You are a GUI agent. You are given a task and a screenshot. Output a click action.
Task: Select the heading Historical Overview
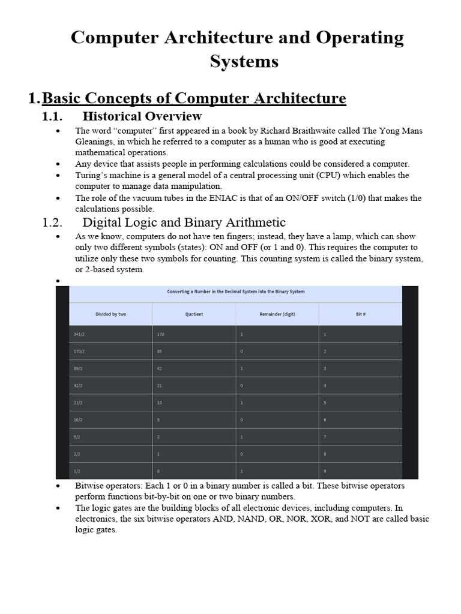pos(142,116)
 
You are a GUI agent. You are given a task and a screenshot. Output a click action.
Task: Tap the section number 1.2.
pos(52,222)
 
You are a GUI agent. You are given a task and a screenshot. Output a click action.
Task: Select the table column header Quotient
pos(194,314)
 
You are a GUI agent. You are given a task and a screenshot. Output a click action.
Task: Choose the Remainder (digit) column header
pos(277,314)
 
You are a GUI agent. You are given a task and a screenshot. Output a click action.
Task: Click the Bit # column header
pos(360,314)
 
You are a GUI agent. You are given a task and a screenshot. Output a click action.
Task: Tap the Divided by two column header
pos(110,314)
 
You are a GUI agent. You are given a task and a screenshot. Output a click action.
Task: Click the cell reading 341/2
pos(79,334)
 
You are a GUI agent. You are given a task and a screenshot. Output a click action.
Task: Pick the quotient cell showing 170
pos(161,334)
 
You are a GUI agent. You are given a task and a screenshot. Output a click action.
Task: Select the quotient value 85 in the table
pos(160,351)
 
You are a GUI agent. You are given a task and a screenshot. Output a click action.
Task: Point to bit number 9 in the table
pos(325,471)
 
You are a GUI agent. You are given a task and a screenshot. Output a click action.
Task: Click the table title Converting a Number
pos(235,292)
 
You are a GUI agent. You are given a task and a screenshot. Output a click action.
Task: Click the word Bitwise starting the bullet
pos(89,486)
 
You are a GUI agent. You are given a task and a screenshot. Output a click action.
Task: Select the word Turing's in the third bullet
pos(91,175)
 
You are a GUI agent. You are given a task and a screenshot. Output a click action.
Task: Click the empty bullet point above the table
pos(58,281)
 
